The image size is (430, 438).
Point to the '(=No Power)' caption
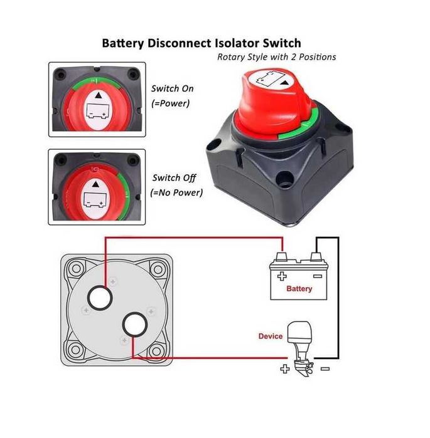[x=177, y=192]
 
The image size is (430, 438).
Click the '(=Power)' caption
[x=170, y=103]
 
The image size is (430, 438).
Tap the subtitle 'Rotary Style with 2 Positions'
[x=276, y=57]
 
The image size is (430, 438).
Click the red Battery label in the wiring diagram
[x=299, y=289]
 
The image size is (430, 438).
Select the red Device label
[x=271, y=336]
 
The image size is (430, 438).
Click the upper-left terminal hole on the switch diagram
[x=99, y=298]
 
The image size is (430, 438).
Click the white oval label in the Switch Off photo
[x=95, y=193]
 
